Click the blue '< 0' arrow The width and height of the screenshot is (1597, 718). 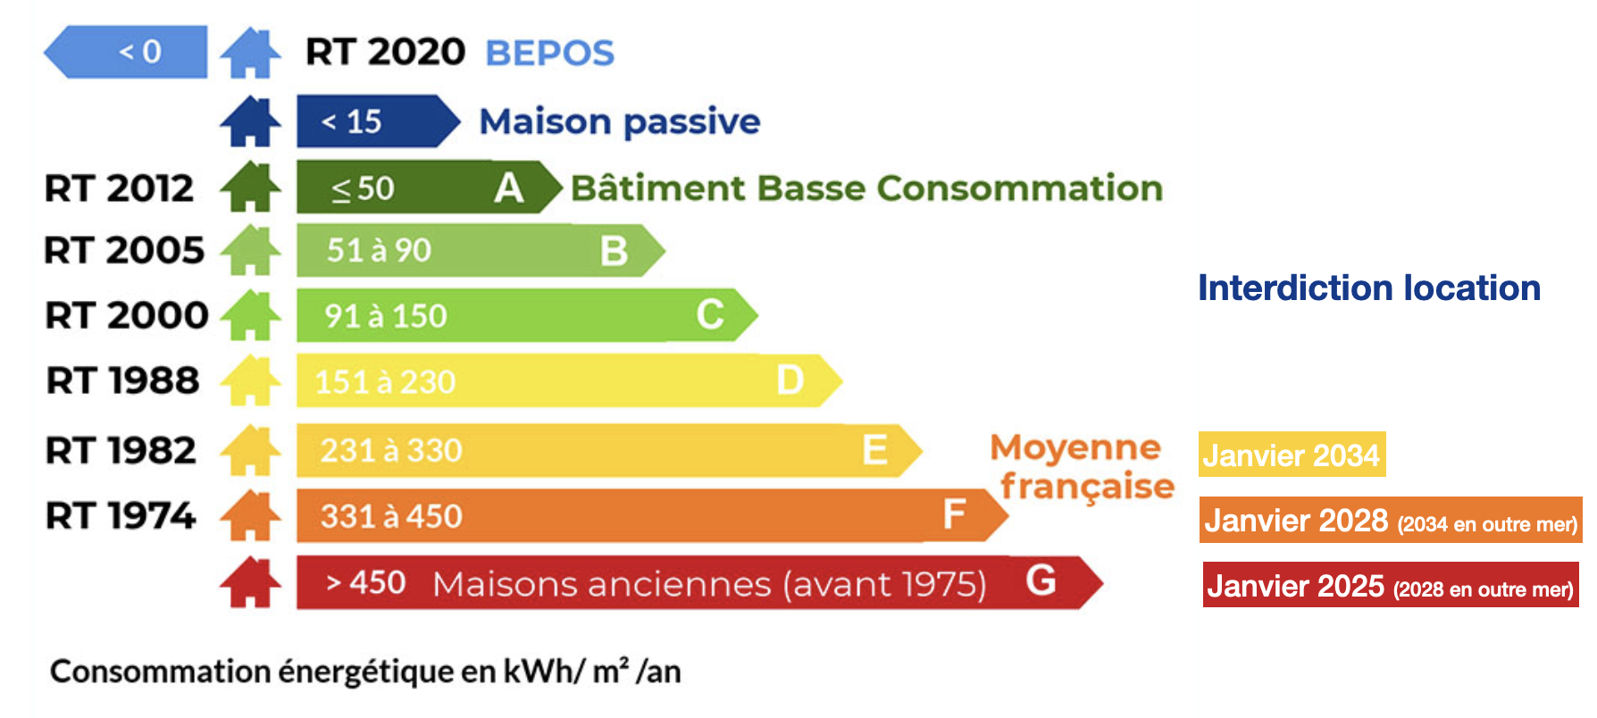point(126,52)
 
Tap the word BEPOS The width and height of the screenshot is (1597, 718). point(549,53)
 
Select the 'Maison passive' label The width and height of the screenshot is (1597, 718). point(620,121)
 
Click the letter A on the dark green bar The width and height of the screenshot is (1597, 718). point(509,188)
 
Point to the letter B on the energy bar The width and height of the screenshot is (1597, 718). point(614,251)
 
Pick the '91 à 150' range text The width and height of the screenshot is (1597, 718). point(385,316)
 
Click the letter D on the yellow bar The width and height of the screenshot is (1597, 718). point(790,380)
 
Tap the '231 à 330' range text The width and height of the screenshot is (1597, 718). point(391,450)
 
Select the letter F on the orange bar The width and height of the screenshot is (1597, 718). point(954,514)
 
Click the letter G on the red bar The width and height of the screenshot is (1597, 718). point(1041,580)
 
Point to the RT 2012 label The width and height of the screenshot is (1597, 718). point(119,188)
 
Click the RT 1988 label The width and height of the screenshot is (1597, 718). point(122,380)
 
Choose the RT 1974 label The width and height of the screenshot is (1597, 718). point(121,515)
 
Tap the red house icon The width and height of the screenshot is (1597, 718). point(251,582)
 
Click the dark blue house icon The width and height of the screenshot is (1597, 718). point(251,121)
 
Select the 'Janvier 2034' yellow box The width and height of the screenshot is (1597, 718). point(1292,455)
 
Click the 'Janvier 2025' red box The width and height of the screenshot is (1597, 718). point(1391,585)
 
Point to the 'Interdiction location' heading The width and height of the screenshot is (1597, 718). point(1369,288)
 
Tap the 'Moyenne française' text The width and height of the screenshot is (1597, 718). point(1082,467)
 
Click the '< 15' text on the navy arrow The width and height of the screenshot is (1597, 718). point(352,121)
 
